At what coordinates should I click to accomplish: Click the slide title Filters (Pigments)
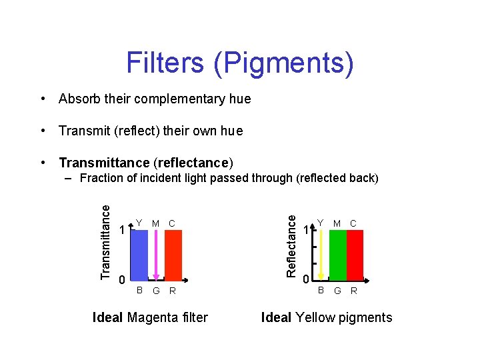(240, 63)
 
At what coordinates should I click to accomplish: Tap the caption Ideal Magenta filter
(150, 317)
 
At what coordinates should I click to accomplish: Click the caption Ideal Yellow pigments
(327, 317)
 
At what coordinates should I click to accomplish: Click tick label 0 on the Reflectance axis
(305, 279)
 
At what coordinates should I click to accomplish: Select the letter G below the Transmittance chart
(155, 291)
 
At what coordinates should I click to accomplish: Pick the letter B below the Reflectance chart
(321, 291)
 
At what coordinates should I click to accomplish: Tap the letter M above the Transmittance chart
(155, 223)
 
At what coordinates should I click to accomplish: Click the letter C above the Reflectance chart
(353, 223)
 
